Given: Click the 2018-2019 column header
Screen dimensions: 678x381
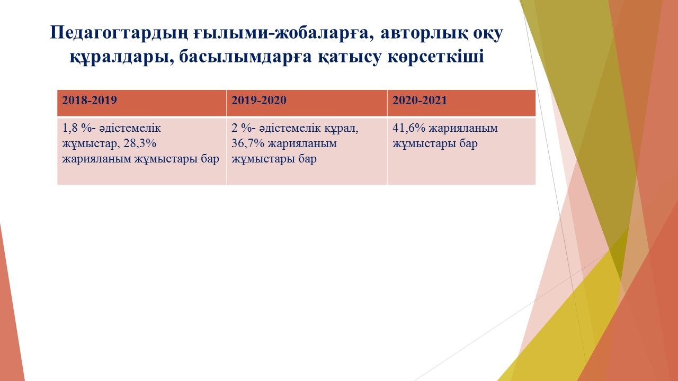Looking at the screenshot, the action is tap(90, 100).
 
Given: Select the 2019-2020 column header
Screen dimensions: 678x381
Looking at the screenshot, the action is tap(259, 100).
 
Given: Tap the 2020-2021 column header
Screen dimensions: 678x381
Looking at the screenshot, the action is tap(420, 100).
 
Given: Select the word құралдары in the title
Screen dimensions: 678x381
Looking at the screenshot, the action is tap(122, 57).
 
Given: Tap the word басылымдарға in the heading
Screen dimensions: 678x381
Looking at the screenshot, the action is tap(245, 57).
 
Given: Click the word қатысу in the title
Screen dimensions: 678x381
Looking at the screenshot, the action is tap(350, 57).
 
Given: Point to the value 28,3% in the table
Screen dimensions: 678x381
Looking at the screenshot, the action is tap(140, 143).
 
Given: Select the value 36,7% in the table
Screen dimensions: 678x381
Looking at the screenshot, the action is tap(248, 143).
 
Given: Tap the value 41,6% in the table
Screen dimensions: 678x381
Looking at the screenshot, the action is tap(409, 128).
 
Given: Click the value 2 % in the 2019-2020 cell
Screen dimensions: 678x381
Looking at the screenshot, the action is tap(240, 128).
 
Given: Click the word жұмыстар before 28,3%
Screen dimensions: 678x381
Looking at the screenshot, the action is tap(87, 144).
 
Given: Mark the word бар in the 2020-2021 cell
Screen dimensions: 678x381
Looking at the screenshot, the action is tap(469, 144).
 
